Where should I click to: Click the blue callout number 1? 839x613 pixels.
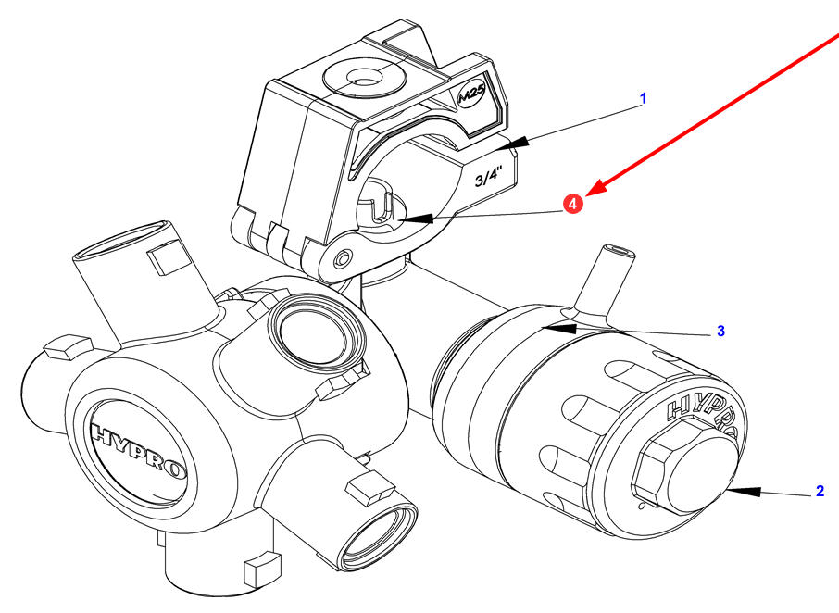click(x=644, y=98)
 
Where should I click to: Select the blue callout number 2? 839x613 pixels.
click(x=820, y=491)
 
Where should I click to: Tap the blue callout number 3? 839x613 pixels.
click(x=720, y=332)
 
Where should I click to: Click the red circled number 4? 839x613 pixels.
click(x=573, y=204)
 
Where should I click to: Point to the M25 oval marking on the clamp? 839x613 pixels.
click(x=472, y=96)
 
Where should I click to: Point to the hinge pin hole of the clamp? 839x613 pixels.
click(x=343, y=259)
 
